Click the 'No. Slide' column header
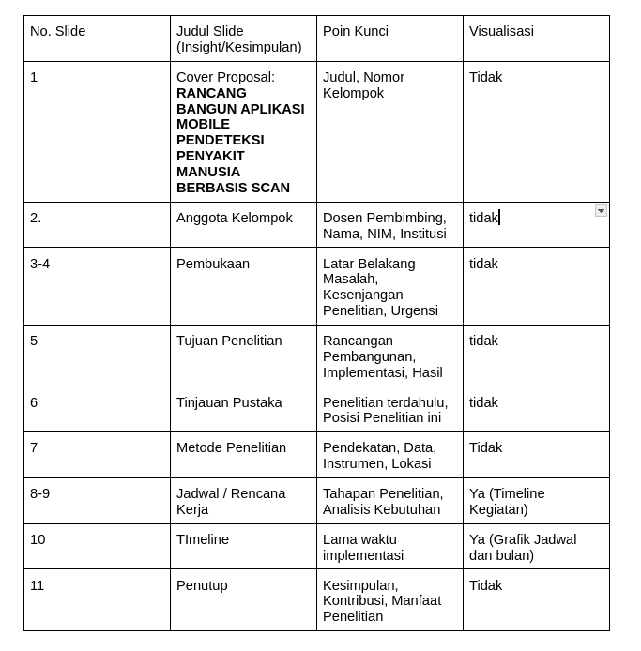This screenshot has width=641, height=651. (x=57, y=31)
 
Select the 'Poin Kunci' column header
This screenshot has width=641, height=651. (x=355, y=31)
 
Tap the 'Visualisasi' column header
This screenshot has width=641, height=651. (x=501, y=31)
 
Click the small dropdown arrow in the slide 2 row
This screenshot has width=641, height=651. (x=601, y=211)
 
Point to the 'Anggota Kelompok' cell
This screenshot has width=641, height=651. (x=234, y=218)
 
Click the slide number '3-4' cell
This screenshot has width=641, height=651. (x=39, y=264)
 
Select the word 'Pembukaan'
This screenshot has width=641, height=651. (x=213, y=264)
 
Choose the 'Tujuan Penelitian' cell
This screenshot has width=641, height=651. (x=229, y=341)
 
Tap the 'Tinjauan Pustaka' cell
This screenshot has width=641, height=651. (x=229, y=402)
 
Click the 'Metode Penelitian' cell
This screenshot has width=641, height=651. (x=231, y=447)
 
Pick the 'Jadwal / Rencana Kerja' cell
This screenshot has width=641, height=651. (x=231, y=501)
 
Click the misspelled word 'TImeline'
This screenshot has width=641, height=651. (x=203, y=539)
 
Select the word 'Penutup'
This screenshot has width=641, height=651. (x=202, y=585)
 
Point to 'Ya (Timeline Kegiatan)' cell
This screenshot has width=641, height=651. (x=507, y=501)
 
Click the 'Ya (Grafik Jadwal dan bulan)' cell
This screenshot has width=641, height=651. (x=523, y=547)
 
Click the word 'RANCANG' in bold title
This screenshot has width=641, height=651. (x=211, y=93)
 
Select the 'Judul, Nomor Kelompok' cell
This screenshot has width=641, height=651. (x=363, y=84)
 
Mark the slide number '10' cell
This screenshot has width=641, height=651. (x=38, y=539)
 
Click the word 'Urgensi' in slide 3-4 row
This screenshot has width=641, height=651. (x=415, y=310)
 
